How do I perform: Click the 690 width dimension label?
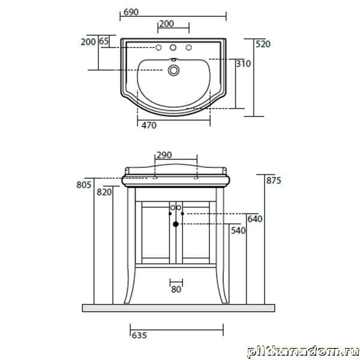[x=131, y=12]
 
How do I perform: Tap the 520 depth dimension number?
[x=263, y=44]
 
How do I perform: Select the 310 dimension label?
[x=244, y=64]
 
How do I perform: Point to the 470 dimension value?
[x=149, y=125]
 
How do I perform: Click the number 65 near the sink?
[x=104, y=41]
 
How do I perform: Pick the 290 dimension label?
[x=164, y=155]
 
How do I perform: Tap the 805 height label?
[x=84, y=185]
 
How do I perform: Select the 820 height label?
[x=104, y=192]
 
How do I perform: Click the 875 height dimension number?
[x=274, y=181]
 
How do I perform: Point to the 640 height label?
[x=255, y=219]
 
